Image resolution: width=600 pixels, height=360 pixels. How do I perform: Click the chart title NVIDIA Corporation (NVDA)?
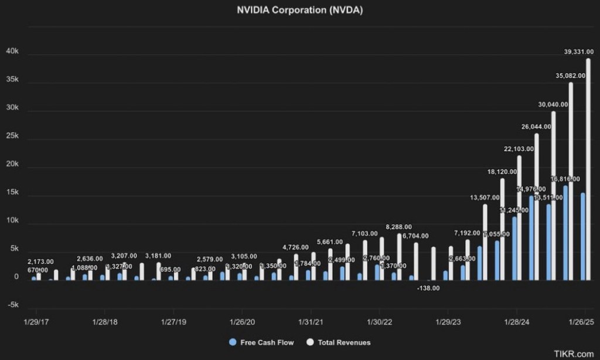point(299,11)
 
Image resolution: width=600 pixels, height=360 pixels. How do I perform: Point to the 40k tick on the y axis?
point(13,52)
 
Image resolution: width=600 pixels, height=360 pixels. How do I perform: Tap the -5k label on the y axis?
point(13,305)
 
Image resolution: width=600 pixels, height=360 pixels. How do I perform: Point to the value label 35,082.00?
point(566,76)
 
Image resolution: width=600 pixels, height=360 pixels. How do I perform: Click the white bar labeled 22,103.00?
point(519,218)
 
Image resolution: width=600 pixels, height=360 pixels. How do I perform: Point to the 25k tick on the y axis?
point(13,137)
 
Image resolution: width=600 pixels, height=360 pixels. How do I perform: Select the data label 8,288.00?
point(398,227)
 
